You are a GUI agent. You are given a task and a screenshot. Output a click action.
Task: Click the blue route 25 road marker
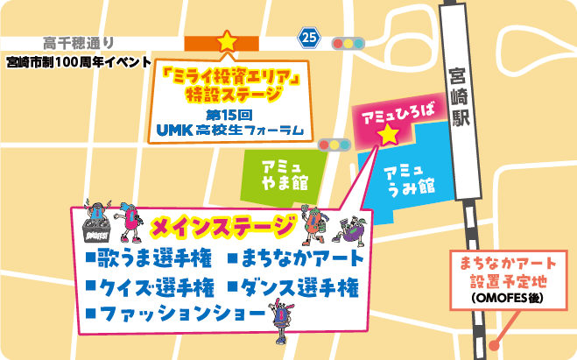tap(308, 37)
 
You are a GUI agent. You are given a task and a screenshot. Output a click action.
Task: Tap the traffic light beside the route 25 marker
tap(348, 42)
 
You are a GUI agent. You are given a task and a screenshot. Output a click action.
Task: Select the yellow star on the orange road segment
tap(227, 40)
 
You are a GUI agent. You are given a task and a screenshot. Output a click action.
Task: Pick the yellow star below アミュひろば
tap(388, 135)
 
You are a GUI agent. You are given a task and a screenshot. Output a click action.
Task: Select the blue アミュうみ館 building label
tap(411, 178)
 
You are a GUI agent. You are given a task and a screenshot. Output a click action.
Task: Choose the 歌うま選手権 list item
tap(150, 259)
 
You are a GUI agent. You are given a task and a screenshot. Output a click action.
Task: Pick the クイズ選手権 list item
tap(150, 287)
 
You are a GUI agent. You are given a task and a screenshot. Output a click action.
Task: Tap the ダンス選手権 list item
tap(298, 287)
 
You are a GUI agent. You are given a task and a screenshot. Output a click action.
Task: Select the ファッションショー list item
tap(175, 314)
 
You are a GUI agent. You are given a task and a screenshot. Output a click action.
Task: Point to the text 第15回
tap(229, 115)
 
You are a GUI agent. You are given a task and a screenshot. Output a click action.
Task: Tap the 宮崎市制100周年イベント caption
tap(72, 62)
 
